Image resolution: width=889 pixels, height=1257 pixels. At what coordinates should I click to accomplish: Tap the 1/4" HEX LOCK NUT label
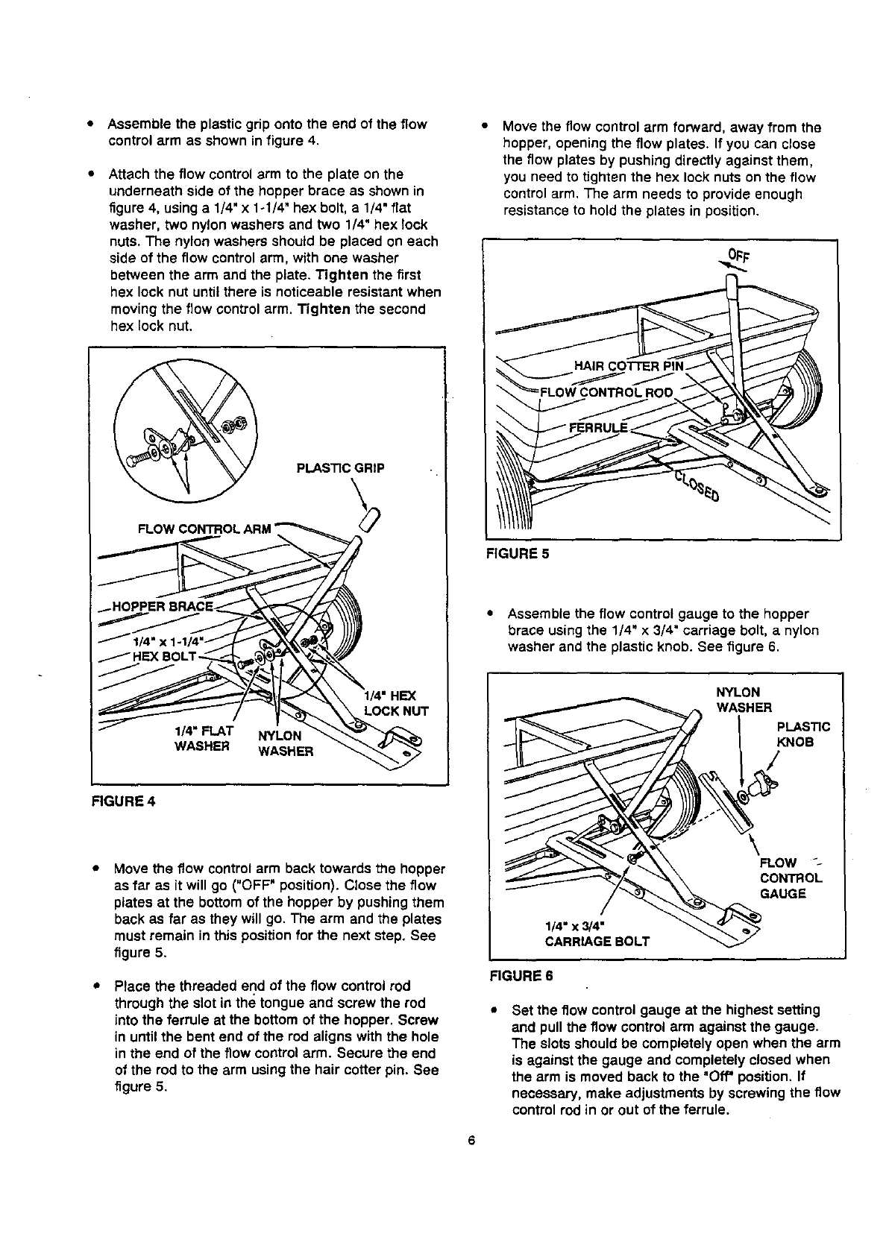coord(396,703)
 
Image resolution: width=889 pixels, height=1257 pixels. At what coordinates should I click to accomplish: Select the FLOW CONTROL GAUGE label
coord(790,878)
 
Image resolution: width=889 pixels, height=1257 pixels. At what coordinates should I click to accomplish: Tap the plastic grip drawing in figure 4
coord(371,516)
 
